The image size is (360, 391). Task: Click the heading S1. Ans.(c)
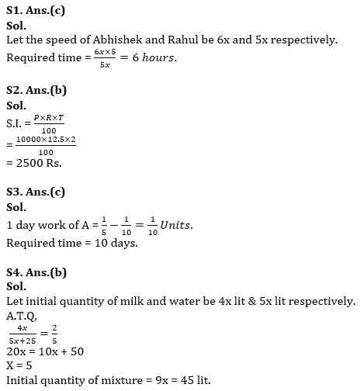35,10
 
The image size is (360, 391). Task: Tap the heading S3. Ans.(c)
35,192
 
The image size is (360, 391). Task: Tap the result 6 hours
152,58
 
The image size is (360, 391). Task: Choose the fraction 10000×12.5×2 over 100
45,145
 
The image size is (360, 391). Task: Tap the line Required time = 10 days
71,243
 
